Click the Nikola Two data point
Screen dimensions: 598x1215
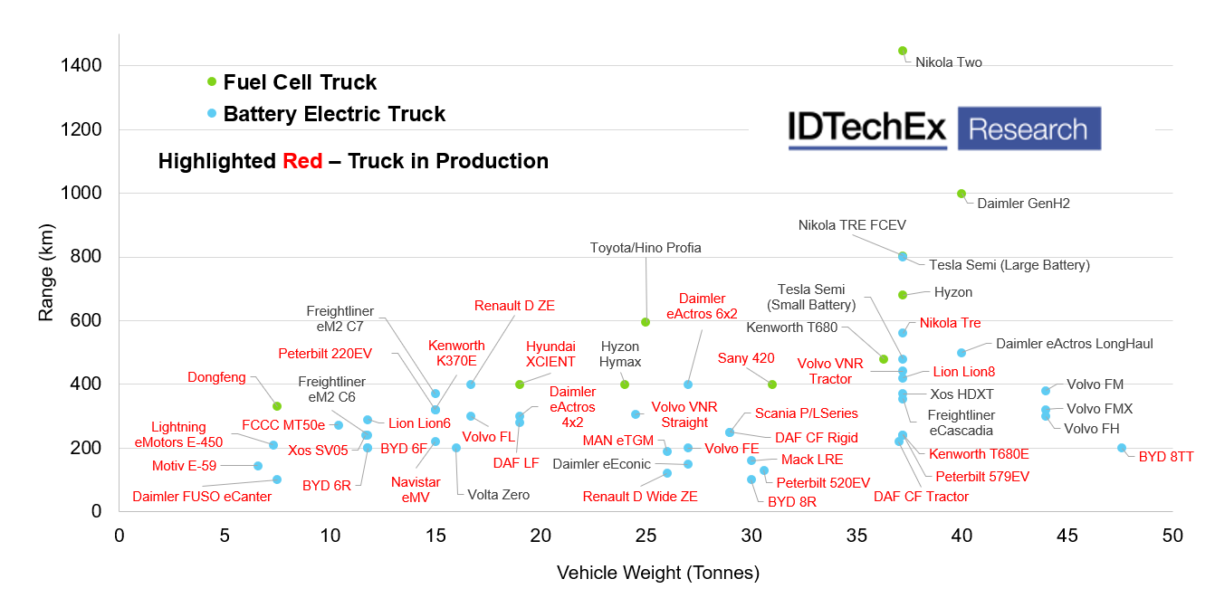coord(903,51)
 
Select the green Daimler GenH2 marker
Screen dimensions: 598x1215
coord(961,194)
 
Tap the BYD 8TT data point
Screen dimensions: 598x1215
coord(1122,448)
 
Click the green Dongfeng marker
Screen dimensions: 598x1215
coord(277,406)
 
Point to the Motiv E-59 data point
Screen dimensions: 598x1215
coord(258,466)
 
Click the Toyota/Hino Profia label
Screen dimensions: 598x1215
coord(646,248)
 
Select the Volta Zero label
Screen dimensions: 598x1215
coord(499,495)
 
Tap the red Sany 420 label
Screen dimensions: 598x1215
coord(746,358)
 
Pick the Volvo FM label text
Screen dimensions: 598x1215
coord(1095,384)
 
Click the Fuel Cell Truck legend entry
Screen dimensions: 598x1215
coord(300,82)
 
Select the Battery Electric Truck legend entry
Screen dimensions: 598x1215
coord(334,114)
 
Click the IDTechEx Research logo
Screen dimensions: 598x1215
coord(944,128)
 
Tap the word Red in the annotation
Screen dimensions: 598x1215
coord(302,161)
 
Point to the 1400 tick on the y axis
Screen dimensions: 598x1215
coord(81,66)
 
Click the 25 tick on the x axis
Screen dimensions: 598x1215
coord(646,536)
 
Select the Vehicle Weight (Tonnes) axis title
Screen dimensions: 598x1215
coord(658,573)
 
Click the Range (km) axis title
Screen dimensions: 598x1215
coord(46,273)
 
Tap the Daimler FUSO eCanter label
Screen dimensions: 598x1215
coord(202,497)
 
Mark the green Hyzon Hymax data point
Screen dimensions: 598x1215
coord(625,384)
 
